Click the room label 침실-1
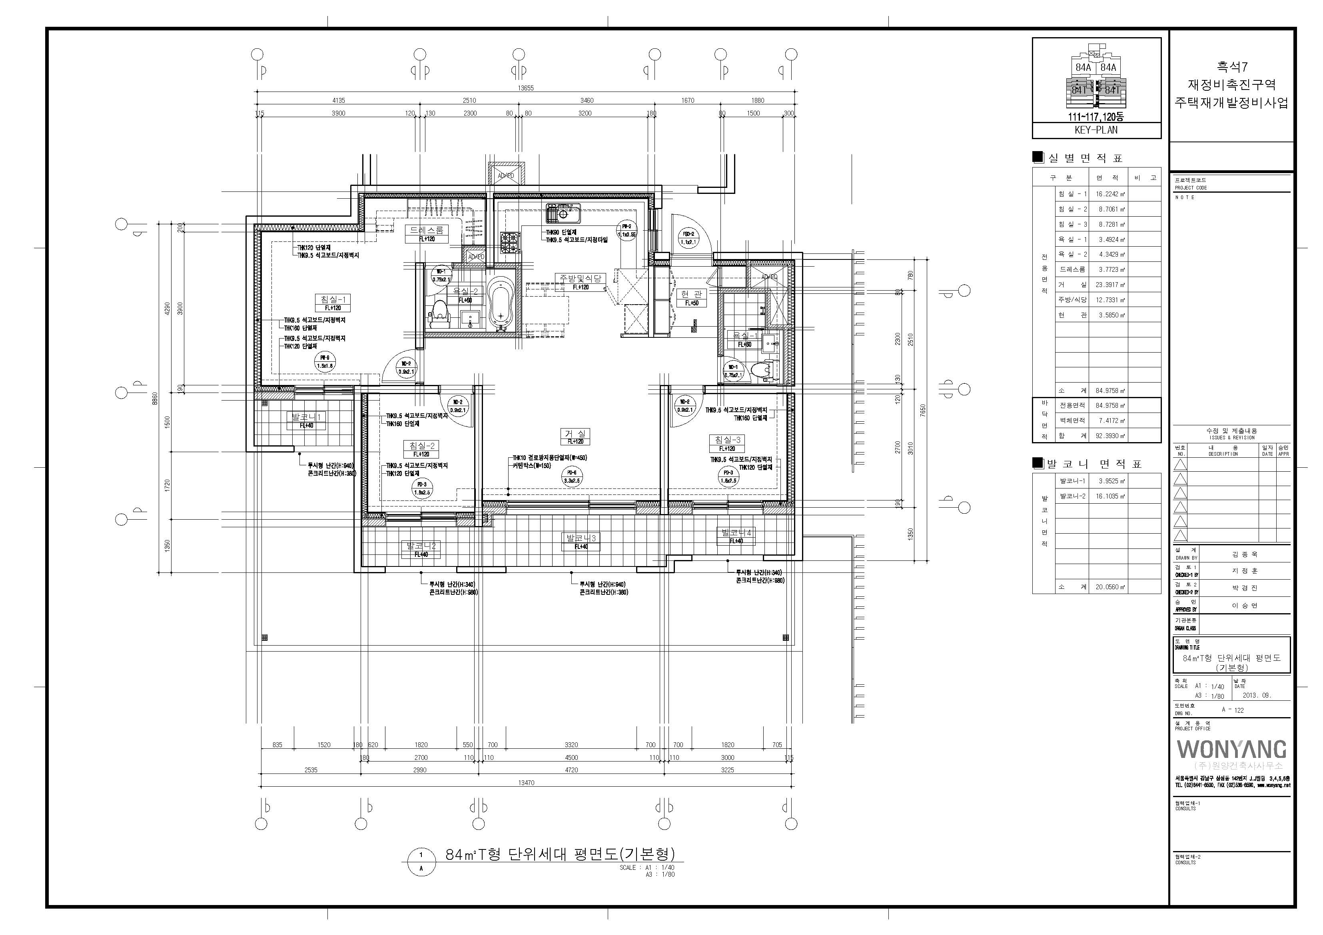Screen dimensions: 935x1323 pos(333,299)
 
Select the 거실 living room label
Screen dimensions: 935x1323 pos(575,433)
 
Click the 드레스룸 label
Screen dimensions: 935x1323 pos(426,230)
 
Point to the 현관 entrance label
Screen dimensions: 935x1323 pos(691,294)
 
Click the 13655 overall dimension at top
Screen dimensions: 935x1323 pos(525,88)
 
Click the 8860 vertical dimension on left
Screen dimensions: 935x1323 pos(154,398)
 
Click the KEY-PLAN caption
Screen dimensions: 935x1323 pos(1096,130)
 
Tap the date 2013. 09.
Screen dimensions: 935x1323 pos(1257,695)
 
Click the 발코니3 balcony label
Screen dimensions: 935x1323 pos(581,538)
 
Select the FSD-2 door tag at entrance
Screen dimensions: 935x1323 pos(688,238)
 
